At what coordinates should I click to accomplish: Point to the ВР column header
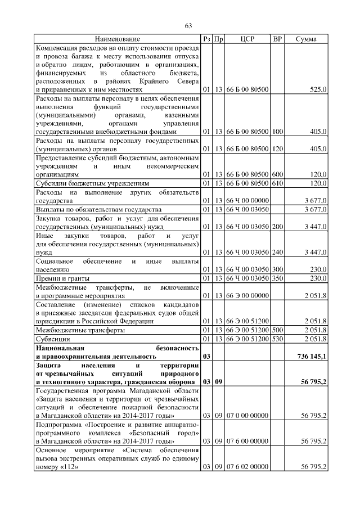click(277, 39)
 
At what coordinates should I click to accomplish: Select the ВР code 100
click(277, 131)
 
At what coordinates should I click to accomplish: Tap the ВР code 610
click(277, 183)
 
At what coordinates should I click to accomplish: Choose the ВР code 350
click(277, 278)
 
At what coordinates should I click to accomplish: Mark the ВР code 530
click(277, 340)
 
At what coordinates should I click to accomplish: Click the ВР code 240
click(277, 253)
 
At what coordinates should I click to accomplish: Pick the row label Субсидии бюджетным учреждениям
click(92, 183)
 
